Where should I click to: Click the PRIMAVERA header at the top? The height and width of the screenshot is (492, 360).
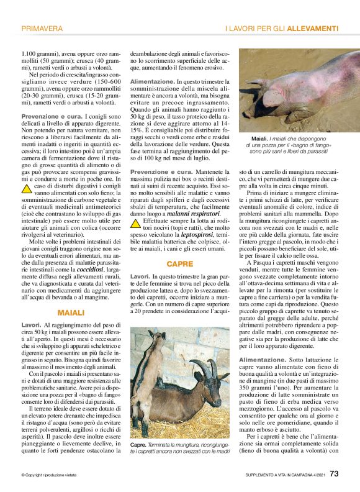(42, 29)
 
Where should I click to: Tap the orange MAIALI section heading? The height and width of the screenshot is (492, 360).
(70, 312)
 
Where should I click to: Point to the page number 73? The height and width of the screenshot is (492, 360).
(334, 475)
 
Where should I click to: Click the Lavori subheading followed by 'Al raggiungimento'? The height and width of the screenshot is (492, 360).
(30, 325)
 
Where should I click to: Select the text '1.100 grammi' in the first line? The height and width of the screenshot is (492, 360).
(38, 54)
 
